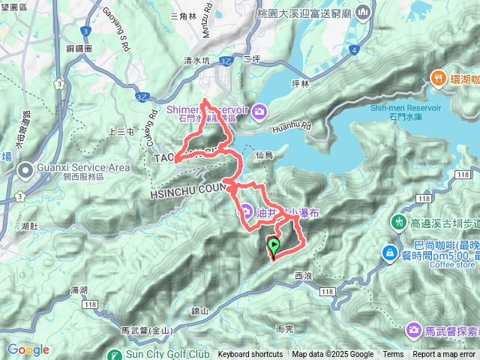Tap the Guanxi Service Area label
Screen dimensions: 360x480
click(x=67, y=169)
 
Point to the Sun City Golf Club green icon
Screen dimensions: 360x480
click(x=114, y=355)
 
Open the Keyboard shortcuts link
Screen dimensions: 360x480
click(x=250, y=355)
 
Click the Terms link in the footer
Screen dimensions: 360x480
click(x=393, y=355)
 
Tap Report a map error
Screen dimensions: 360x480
click(x=444, y=355)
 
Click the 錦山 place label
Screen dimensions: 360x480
click(x=199, y=310)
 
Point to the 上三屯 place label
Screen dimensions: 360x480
click(x=120, y=132)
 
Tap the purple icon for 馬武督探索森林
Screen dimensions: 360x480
click(x=414, y=330)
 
